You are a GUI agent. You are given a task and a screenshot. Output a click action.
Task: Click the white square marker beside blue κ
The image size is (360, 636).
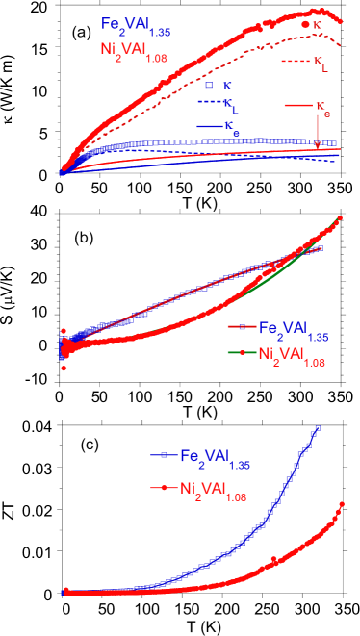209,86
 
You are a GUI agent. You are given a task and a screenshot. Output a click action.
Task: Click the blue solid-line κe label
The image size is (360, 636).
229,125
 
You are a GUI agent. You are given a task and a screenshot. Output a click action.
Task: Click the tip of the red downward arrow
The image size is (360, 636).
317,145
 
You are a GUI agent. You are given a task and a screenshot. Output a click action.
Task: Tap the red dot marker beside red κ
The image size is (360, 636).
306,25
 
